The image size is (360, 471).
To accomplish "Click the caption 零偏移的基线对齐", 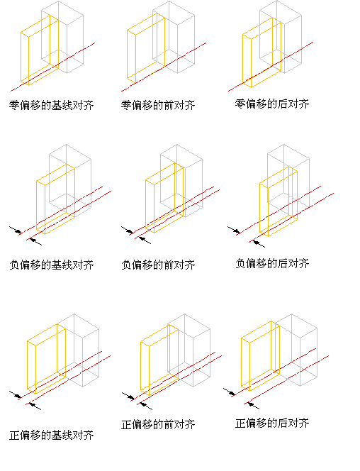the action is pyautogui.click(x=51, y=105).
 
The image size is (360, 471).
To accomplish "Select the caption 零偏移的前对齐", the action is pyautogui.click(x=158, y=105).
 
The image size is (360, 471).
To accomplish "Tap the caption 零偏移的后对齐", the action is pyautogui.click(x=272, y=104).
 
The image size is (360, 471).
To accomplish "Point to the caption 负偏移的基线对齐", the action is pyautogui.click(x=51, y=265).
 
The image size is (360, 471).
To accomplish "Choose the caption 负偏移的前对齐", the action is pyautogui.click(x=158, y=265).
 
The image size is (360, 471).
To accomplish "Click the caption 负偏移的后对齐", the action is pyautogui.click(x=272, y=263).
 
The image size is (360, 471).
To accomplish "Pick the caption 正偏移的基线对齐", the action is pyautogui.click(x=51, y=435).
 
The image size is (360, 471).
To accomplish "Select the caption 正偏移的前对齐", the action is pyautogui.click(x=158, y=424).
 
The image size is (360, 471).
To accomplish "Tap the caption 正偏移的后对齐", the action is pyautogui.click(x=272, y=423).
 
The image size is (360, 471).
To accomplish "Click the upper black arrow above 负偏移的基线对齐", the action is pyautogui.click(x=16, y=230).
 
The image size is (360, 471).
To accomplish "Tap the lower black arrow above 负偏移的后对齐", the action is pyautogui.click(x=259, y=243).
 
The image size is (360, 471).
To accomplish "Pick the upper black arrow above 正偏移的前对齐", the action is pyautogui.click(x=128, y=396).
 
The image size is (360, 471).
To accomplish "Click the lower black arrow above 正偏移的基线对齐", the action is pyautogui.click(x=35, y=406).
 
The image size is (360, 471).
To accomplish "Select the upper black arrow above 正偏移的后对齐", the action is pyautogui.click(x=229, y=392).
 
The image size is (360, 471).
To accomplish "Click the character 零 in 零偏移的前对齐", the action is pyautogui.click(x=126, y=105).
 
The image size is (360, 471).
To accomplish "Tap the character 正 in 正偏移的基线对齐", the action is pyautogui.click(x=14, y=435).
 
